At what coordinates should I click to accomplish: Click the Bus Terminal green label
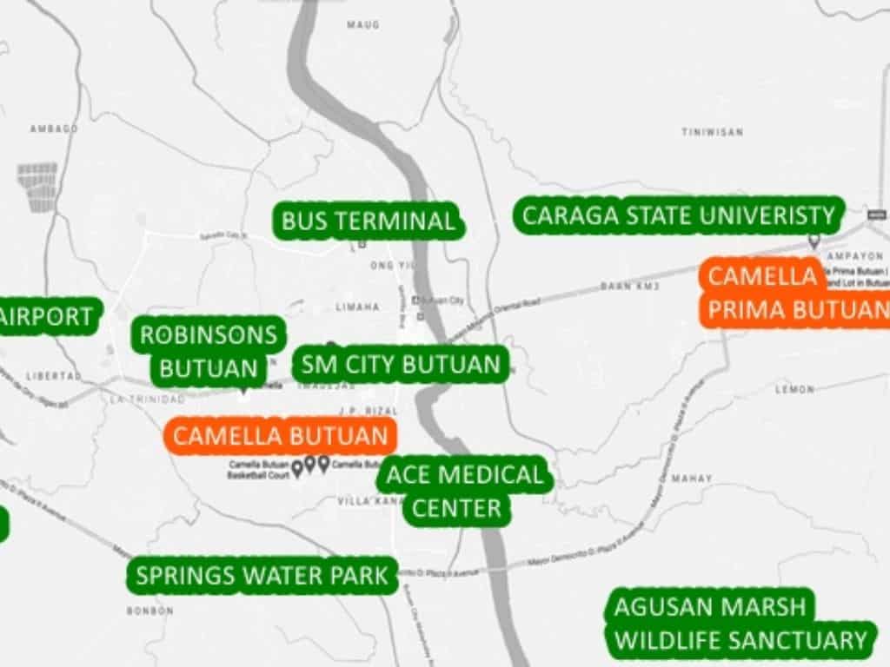coord(368,221)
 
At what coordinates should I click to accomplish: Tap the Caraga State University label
coord(678,215)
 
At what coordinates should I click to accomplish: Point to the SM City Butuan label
coord(400,364)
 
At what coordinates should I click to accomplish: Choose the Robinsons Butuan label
coord(209,351)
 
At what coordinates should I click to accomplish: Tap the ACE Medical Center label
coord(464,492)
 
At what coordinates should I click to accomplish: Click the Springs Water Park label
coord(262,575)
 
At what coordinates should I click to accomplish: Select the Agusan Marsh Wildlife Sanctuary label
coord(740,623)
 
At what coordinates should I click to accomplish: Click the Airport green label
coord(48,317)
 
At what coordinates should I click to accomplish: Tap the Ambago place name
coord(54,129)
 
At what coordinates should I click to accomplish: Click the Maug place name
coord(363,25)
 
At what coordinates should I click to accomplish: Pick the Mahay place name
coord(692,479)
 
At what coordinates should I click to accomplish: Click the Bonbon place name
coord(149,611)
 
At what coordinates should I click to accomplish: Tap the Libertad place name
coord(54,376)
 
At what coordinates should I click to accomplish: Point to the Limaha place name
coord(358,307)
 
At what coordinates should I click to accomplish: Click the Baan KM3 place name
coord(629,286)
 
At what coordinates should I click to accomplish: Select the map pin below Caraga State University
coord(814,241)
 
